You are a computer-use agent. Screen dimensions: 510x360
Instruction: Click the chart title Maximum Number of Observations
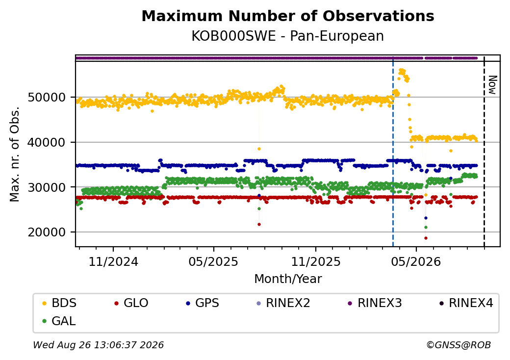pyautogui.click(x=288, y=16)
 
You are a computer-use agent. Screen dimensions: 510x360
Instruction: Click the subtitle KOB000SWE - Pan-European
pyautogui.click(x=287, y=36)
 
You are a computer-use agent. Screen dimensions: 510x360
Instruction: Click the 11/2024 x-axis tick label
pyautogui.click(x=113, y=261)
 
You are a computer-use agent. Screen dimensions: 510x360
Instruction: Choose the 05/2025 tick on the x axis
pyautogui.click(x=213, y=261)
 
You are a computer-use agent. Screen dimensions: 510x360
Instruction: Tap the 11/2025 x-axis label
pyautogui.click(x=315, y=261)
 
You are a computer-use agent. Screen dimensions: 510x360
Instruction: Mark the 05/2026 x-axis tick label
pyautogui.click(x=416, y=261)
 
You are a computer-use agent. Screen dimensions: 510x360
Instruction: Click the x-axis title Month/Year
pyautogui.click(x=288, y=279)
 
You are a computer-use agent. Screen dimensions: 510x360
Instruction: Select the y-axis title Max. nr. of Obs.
pyautogui.click(x=15, y=154)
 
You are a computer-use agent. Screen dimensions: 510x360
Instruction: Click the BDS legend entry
pyautogui.click(x=60, y=303)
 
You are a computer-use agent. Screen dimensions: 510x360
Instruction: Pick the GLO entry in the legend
pyautogui.click(x=131, y=303)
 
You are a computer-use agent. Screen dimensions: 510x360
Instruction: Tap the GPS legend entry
pyautogui.click(x=203, y=303)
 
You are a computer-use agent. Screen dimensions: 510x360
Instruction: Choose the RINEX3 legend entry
pyautogui.click(x=375, y=303)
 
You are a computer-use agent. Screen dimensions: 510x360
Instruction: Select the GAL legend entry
pyautogui.click(x=59, y=321)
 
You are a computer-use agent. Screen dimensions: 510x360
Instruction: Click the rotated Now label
pyautogui.click(x=493, y=85)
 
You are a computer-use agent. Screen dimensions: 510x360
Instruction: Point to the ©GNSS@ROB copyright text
pyautogui.click(x=459, y=345)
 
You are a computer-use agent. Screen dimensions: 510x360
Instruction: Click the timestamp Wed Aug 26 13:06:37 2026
pyautogui.click(x=98, y=345)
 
